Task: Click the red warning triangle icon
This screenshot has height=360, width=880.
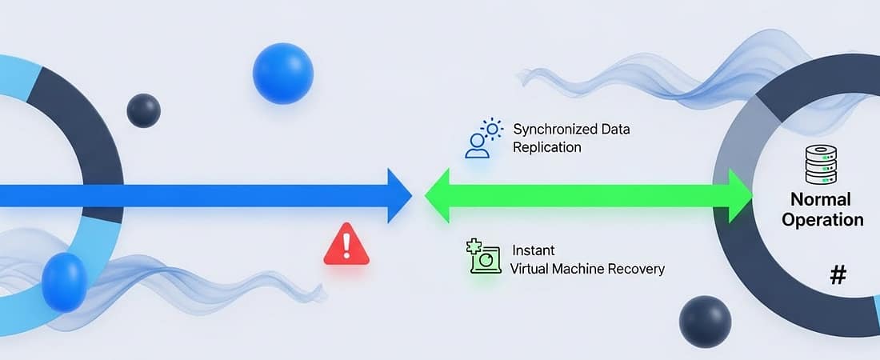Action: pyautogui.click(x=346, y=245)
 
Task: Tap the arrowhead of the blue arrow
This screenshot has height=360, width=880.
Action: pyautogui.click(x=398, y=195)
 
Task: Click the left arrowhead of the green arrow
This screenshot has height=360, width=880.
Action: pyautogui.click(x=437, y=195)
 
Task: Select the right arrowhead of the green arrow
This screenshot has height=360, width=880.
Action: pyautogui.click(x=740, y=195)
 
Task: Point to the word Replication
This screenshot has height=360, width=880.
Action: pyautogui.click(x=547, y=147)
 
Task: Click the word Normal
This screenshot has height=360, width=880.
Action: pyautogui.click(x=820, y=199)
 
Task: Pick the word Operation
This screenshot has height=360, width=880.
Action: pyautogui.click(x=822, y=220)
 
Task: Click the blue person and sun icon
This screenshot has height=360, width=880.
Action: pyautogui.click(x=482, y=138)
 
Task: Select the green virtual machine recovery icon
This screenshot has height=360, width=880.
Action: pyautogui.click(x=483, y=256)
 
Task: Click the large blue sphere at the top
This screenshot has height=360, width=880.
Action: pyautogui.click(x=282, y=74)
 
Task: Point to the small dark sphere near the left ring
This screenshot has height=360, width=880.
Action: pyautogui.click(x=143, y=110)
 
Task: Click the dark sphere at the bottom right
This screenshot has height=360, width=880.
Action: pyautogui.click(x=705, y=322)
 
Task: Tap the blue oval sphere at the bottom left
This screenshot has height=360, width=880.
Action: pyautogui.click(x=64, y=282)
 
